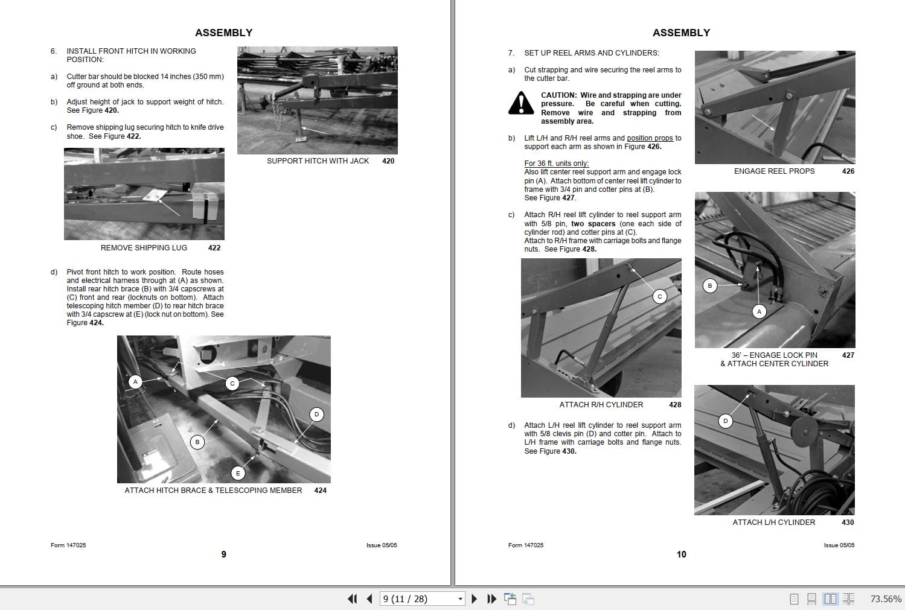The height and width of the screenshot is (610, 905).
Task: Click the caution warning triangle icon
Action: point(521,103)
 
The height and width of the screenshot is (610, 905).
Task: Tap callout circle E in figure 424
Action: point(238,473)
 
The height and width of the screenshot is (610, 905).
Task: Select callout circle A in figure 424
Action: point(136,381)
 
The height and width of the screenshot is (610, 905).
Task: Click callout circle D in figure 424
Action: point(317,414)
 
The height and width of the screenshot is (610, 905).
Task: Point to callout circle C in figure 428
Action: point(660,296)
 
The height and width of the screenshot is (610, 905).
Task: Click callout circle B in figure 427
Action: point(710,285)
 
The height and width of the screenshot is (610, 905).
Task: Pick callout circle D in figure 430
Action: point(726,421)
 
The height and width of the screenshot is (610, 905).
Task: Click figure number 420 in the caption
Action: point(388,161)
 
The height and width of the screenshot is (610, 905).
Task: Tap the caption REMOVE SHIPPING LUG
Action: point(144,248)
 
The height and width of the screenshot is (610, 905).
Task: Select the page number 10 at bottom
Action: point(681,554)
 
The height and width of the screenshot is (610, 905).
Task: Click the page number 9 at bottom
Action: point(223,554)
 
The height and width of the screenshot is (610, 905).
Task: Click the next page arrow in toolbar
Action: point(474,599)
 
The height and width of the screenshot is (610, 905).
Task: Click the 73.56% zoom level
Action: point(886,599)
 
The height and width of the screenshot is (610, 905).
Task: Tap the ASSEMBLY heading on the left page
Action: point(223,33)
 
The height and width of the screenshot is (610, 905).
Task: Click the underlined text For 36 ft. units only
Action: point(556,164)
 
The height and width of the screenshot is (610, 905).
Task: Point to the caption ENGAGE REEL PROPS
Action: point(774,171)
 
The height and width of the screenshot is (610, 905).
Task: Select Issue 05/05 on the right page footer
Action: point(839,545)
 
